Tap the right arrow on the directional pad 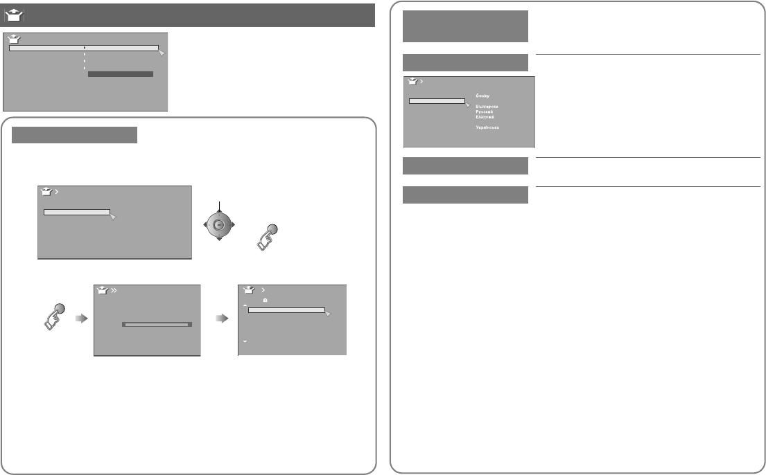pyautogui.click(x=232, y=224)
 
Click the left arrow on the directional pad pyautogui.click(x=204, y=224)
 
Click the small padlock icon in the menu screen pyautogui.click(x=265, y=301)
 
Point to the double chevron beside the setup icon pyautogui.click(x=115, y=291)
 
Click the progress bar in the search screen pyautogui.click(x=157, y=323)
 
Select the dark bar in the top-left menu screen pyautogui.click(x=121, y=73)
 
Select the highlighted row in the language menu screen pyautogui.click(x=437, y=100)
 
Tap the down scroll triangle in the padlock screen pyautogui.click(x=245, y=342)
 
